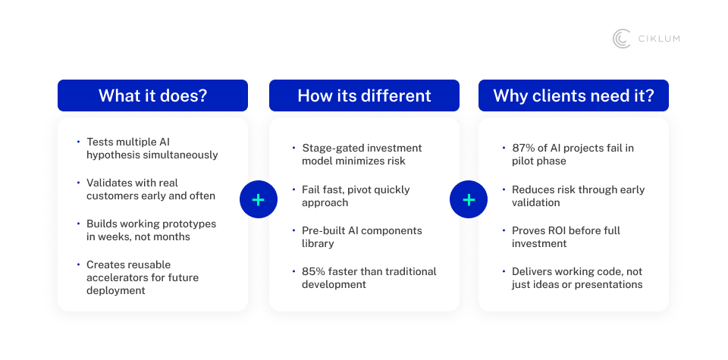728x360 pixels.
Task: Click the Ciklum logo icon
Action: click(621, 39)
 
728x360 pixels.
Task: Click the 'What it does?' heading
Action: click(152, 95)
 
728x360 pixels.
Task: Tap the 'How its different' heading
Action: click(365, 95)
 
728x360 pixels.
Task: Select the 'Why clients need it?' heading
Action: click(573, 95)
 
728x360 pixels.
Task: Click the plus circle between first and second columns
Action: click(259, 199)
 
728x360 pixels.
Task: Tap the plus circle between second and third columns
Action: click(469, 199)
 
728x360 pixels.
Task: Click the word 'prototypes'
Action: click(192, 224)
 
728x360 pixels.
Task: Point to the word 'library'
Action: click(318, 243)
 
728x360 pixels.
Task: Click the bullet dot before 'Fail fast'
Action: click(294, 189)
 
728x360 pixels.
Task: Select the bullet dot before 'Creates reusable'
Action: click(78, 264)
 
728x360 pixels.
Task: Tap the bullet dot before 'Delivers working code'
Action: click(504, 271)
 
